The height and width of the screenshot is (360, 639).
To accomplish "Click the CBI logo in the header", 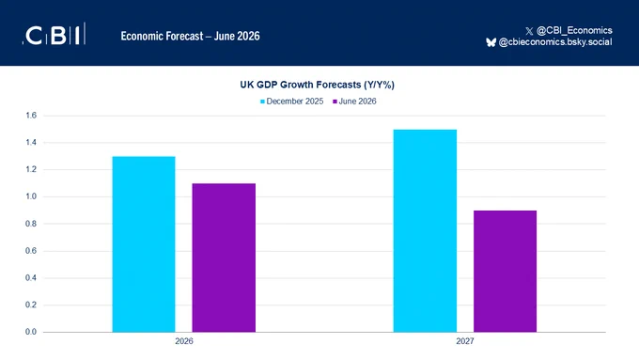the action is [54, 34].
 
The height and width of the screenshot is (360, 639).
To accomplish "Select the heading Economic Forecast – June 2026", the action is [191, 36].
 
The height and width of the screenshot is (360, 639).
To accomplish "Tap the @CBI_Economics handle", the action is [574, 31].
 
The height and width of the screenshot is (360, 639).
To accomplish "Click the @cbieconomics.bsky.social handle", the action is [555, 42].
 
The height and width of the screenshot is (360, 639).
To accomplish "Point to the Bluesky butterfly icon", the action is [491, 42].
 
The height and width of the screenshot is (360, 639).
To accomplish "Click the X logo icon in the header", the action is [529, 31].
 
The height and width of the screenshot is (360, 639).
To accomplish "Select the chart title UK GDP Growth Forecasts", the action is [317, 85].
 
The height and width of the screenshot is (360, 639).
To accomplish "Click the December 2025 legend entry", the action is [292, 102].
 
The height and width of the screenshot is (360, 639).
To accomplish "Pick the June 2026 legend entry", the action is [354, 102].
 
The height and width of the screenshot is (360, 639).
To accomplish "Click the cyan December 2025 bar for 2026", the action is [144, 244].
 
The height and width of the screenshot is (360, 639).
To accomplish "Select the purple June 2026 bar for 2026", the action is [224, 258].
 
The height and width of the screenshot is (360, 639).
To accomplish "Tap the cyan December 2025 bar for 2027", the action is [425, 231].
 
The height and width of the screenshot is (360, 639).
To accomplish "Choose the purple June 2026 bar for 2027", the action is [505, 271].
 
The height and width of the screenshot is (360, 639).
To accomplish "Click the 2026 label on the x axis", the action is [184, 341].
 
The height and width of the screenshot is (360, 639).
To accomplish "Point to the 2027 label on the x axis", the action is [465, 341].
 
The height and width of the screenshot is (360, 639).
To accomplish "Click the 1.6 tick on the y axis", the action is [31, 116].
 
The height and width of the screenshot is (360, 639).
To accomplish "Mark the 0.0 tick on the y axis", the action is [31, 332].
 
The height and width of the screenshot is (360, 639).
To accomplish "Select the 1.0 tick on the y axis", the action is [31, 196].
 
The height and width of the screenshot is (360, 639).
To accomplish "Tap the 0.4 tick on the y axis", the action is [31, 277].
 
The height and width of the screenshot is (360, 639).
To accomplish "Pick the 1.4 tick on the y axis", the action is [31, 142].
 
